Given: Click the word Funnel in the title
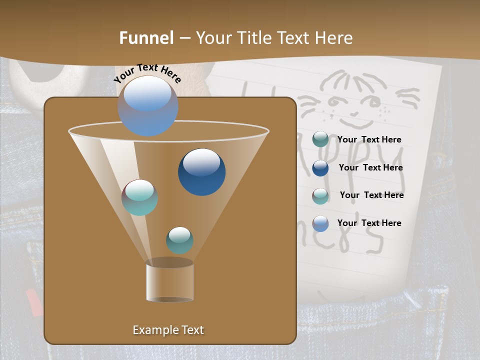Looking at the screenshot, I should click(x=146, y=38).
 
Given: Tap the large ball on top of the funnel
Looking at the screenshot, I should click(x=147, y=105).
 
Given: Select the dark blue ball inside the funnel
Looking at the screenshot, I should click(x=201, y=171).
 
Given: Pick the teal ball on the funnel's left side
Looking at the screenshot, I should click(x=139, y=197).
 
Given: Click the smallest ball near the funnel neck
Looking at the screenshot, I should click(x=179, y=240).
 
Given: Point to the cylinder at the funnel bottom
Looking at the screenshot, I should click(x=169, y=282).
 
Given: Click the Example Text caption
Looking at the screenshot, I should click(x=168, y=330).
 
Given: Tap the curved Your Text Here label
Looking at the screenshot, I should click(x=147, y=72).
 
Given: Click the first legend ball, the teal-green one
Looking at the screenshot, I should click(x=320, y=139).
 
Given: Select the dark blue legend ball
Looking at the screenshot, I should click(x=320, y=168).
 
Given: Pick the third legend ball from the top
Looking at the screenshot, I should click(x=320, y=196).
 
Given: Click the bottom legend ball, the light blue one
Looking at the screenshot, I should click(x=320, y=223).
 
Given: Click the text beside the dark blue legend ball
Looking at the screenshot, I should click(x=370, y=168).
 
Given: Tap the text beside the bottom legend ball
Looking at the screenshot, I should click(x=369, y=223).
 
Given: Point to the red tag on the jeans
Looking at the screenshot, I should click(x=33, y=302).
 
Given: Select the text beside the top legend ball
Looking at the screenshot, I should click(x=369, y=140).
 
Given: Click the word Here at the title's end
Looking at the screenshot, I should click(x=333, y=38).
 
